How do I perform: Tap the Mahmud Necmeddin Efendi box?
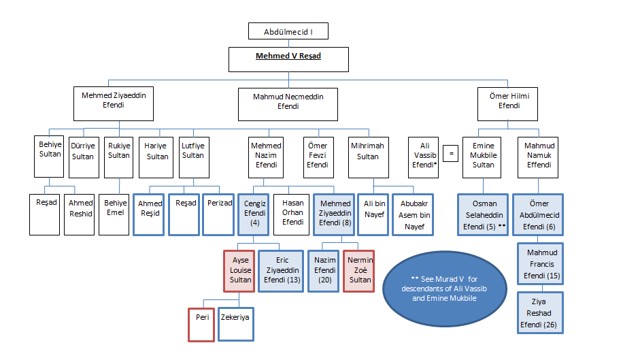(x=288, y=102)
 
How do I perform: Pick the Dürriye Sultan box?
(x=83, y=151)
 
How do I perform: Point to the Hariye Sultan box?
(x=157, y=151)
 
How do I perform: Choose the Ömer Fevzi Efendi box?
(x=318, y=155)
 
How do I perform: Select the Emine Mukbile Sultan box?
(x=484, y=155)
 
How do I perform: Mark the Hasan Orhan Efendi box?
(x=292, y=212)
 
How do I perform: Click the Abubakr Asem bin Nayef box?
(x=412, y=215)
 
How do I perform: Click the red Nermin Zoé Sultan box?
(x=360, y=270)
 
